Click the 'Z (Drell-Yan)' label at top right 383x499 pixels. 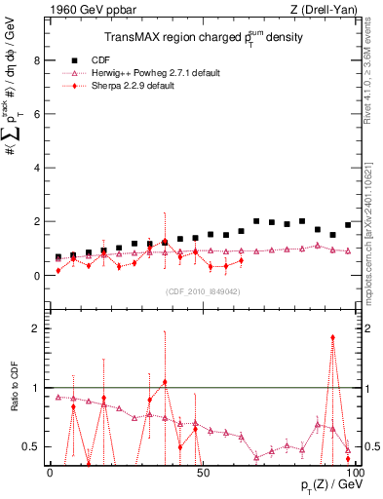tap(322, 10)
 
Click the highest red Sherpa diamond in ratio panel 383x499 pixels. tap(333, 337)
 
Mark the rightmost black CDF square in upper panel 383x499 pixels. tap(348, 225)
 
